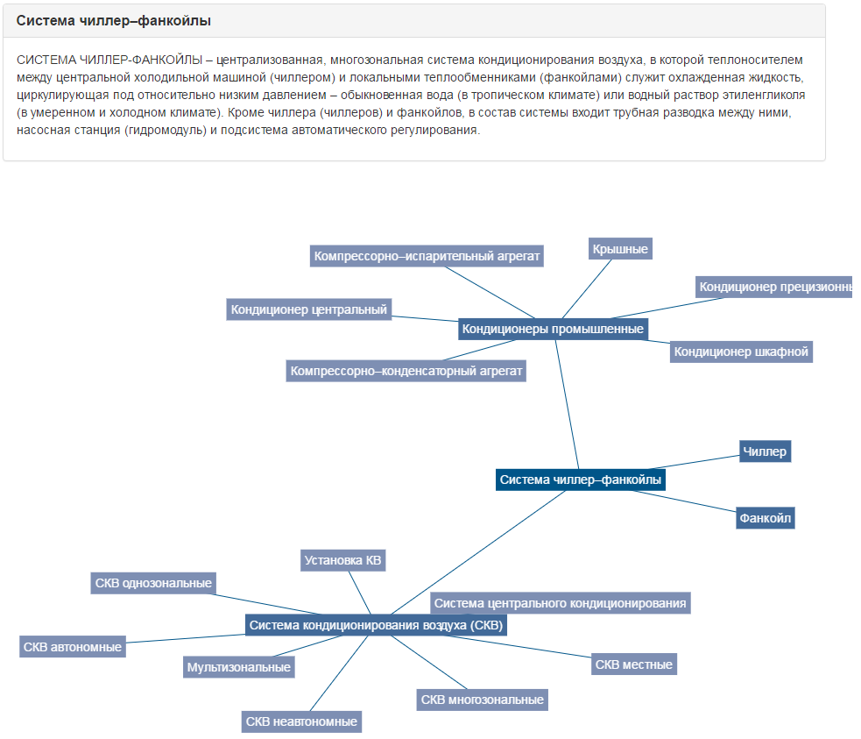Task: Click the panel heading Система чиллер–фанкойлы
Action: [x=114, y=20]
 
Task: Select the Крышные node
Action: [x=620, y=249]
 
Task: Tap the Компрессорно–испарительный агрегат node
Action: [x=427, y=256]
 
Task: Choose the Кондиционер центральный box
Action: [x=308, y=309]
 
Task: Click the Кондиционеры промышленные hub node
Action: [x=553, y=330]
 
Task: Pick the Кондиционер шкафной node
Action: [x=741, y=352]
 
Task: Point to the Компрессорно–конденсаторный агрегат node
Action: [x=406, y=371]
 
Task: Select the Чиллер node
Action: [x=765, y=451]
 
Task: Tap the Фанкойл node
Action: [x=765, y=518]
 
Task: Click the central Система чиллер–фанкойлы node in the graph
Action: [x=581, y=480]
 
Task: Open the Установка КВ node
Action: [x=342, y=560]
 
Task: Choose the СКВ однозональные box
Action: [x=153, y=583]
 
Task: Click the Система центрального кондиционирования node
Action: [x=561, y=603]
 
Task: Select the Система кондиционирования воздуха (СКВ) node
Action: [x=376, y=625]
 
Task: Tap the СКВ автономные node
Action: [x=73, y=647]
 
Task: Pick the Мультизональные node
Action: [x=238, y=667]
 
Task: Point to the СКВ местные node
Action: [x=633, y=664]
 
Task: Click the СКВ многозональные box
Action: [x=482, y=700]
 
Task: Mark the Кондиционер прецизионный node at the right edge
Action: [x=774, y=287]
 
